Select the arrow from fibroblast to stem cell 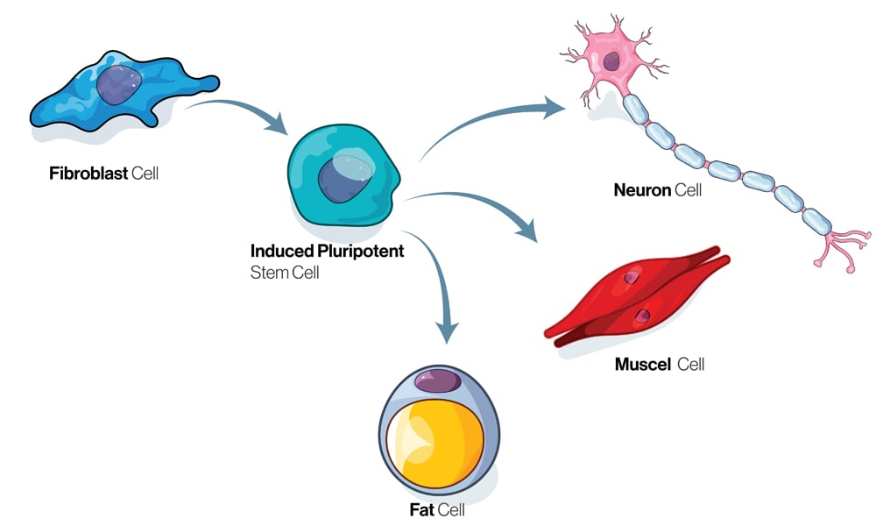[237, 110]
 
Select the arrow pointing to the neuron [491, 118]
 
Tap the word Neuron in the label [642, 188]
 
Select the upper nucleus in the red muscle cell [632, 278]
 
